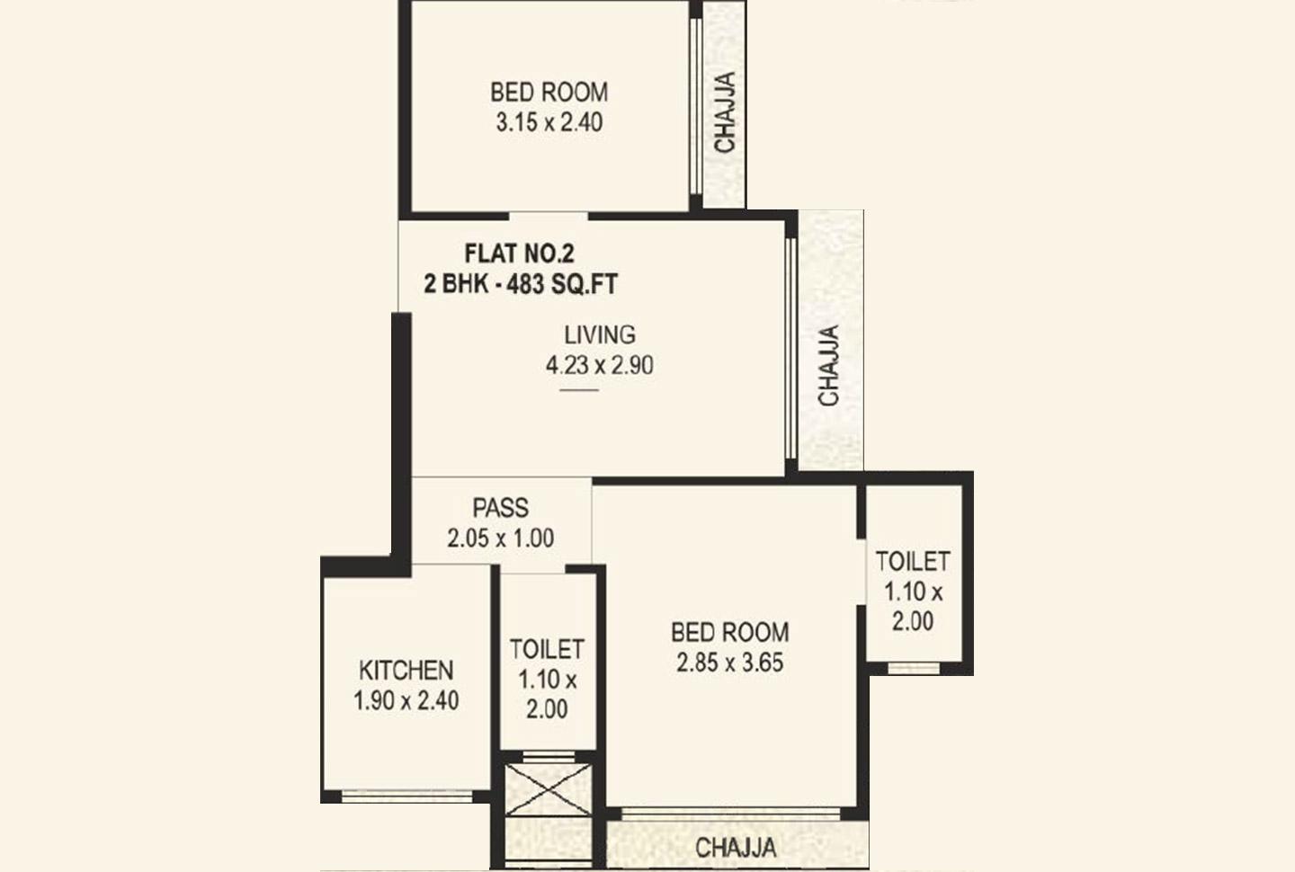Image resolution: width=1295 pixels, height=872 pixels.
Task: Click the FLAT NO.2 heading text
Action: (x=519, y=254)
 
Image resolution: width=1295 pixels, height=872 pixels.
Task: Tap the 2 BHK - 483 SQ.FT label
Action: (x=521, y=284)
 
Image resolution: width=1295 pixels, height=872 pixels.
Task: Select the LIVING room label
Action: (x=600, y=334)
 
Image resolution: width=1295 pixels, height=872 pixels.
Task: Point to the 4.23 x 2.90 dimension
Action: (x=600, y=365)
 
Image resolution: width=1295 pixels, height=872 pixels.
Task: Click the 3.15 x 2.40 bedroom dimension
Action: (x=549, y=122)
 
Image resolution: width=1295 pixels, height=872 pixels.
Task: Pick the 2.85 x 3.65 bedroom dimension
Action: (x=730, y=663)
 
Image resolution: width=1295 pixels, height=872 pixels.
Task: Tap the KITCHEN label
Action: (x=406, y=670)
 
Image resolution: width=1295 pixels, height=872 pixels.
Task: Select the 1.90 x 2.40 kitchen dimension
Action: (x=406, y=700)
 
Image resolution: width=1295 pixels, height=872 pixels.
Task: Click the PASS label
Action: (x=501, y=507)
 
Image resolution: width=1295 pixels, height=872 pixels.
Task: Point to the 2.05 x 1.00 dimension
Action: (x=501, y=538)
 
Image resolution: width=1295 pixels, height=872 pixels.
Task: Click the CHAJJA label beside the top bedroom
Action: (x=725, y=111)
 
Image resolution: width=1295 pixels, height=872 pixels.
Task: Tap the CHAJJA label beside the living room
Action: (x=829, y=365)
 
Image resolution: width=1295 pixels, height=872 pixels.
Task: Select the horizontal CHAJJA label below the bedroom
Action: (x=736, y=847)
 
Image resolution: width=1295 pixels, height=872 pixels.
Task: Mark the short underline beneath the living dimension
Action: (x=579, y=390)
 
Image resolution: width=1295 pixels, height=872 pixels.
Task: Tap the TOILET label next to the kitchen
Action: (x=547, y=648)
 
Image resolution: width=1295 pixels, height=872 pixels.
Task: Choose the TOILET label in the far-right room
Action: (x=913, y=561)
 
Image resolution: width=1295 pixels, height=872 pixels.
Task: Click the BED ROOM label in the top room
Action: (x=549, y=92)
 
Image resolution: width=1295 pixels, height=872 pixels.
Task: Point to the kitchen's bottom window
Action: (x=408, y=795)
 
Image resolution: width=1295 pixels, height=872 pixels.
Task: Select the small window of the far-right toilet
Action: (x=913, y=668)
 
